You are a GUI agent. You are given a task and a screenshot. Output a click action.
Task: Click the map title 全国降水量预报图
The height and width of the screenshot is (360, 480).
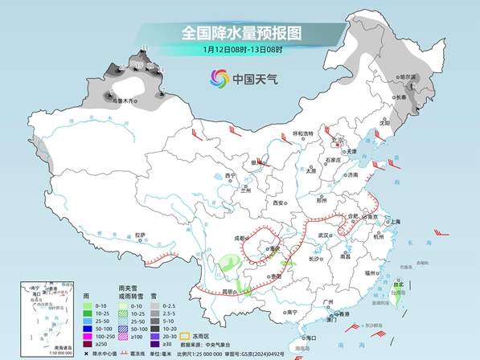click(240, 33)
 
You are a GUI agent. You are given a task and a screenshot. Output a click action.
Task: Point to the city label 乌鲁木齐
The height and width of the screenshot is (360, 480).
click(125, 101)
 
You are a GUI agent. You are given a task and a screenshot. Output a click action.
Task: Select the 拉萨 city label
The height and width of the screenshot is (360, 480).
click(141, 235)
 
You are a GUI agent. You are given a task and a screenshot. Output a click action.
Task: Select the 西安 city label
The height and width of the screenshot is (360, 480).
click(278, 203)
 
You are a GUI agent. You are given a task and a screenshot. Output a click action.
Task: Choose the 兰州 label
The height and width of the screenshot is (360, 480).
click(247, 191)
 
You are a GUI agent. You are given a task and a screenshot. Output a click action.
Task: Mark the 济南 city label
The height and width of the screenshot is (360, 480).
click(351, 174)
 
